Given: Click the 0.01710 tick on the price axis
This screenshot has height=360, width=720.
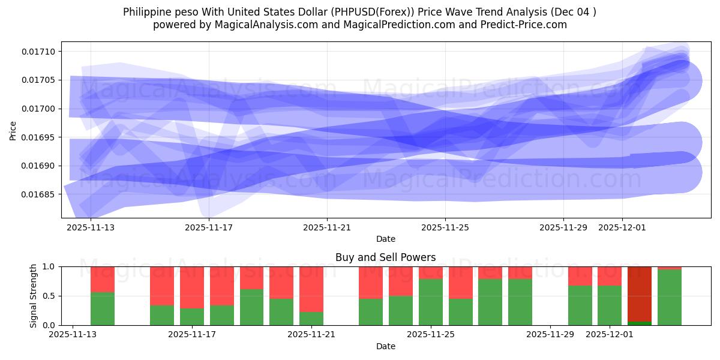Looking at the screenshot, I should (38, 52).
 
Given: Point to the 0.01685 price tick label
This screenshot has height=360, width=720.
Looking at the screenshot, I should (38, 194).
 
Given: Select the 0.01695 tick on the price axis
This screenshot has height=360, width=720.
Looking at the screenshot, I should (38, 137).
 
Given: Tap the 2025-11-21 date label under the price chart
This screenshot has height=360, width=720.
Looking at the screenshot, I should (327, 227).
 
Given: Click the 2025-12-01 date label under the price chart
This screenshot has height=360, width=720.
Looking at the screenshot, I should (622, 227).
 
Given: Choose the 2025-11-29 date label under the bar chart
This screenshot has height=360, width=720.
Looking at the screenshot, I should (550, 334).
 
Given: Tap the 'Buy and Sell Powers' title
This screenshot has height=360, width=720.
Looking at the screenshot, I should (385, 257).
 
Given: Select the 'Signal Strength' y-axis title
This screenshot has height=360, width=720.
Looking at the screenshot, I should (34, 296).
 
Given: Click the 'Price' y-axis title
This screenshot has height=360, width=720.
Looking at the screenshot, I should (13, 130).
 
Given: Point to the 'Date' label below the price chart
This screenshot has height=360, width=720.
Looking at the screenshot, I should (385, 239).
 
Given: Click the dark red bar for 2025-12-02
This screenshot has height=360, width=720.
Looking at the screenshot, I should (639, 294).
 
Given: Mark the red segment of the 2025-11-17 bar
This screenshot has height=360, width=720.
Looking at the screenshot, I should (191, 287).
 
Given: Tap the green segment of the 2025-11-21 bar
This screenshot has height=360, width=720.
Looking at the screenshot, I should (311, 318).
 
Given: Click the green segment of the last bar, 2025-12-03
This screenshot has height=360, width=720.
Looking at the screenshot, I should (669, 297).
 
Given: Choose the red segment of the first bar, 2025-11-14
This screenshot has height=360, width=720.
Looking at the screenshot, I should (103, 279).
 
